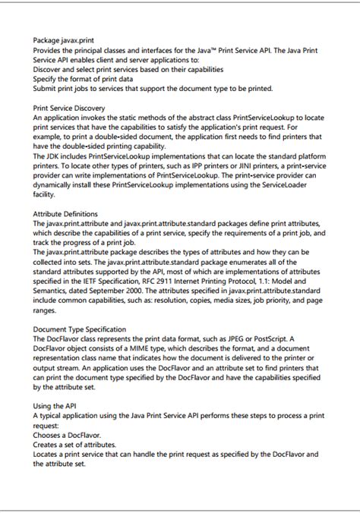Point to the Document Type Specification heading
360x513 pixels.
click(x=80, y=329)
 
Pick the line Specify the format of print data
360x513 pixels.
click(x=84, y=78)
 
